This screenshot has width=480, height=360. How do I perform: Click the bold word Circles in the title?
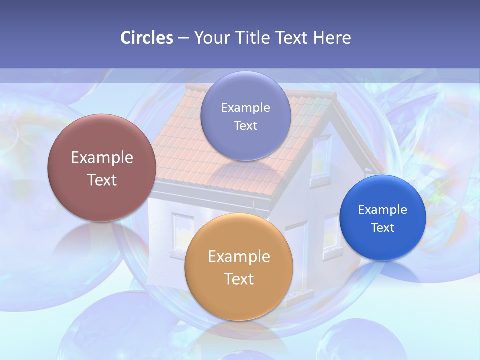(146, 38)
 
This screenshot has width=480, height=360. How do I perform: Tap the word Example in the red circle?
(102, 158)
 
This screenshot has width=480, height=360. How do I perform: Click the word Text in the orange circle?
(239, 279)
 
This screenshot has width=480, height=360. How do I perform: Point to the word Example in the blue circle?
(383, 210)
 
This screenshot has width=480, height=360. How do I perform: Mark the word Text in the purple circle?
(246, 125)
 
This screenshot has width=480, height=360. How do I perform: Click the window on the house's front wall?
(183, 231)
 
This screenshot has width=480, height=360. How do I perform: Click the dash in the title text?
(183, 38)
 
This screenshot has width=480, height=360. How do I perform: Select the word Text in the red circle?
(102, 180)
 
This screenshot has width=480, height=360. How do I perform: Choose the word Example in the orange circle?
(239, 257)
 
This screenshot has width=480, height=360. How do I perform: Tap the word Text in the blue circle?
(383, 228)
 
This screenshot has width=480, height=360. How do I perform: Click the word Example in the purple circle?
(246, 108)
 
